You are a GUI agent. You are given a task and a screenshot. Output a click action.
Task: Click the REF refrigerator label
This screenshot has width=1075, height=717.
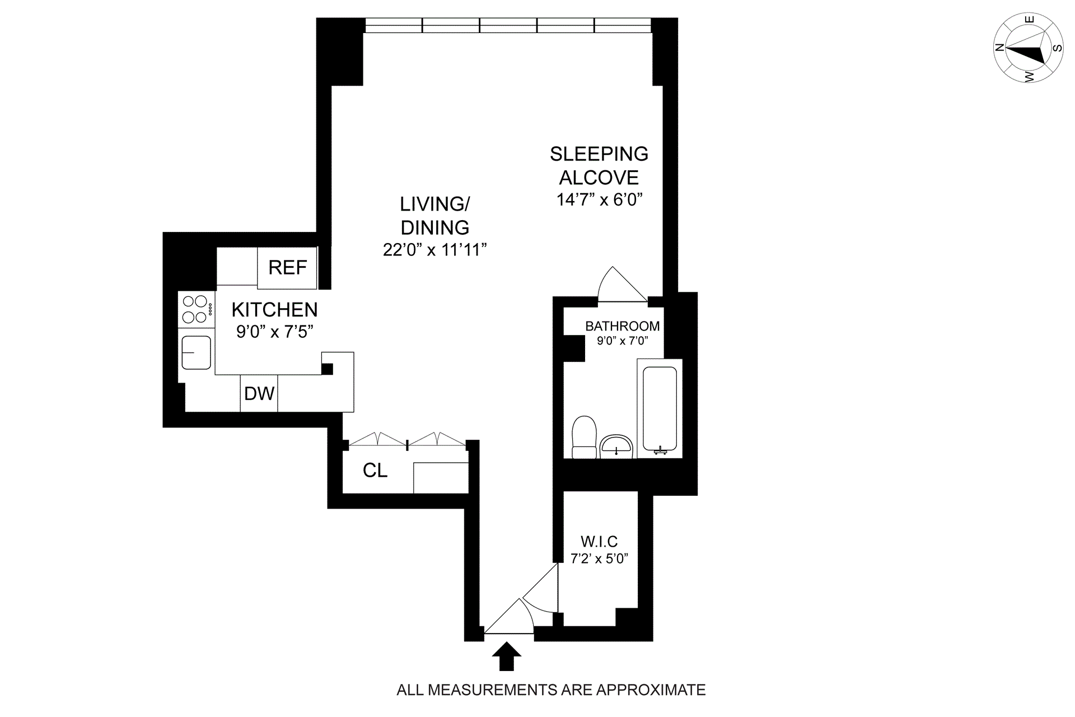[288, 268]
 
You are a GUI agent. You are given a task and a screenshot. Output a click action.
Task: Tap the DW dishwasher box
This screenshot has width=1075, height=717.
[259, 393]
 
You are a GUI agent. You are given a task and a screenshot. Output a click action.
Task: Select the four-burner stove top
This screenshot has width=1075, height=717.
[197, 309]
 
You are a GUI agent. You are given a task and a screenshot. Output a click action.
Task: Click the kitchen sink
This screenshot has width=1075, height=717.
[196, 353]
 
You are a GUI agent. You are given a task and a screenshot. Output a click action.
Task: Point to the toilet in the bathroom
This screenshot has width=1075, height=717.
[584, 437]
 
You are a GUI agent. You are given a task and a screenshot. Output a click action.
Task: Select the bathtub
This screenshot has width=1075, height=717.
[660, 409]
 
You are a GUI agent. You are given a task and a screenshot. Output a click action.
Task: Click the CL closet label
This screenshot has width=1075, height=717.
[375, 471]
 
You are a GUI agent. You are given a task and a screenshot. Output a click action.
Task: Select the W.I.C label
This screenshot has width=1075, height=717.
[599, 542]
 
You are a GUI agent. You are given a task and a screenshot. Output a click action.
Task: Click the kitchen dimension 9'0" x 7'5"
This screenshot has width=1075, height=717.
[274, 332]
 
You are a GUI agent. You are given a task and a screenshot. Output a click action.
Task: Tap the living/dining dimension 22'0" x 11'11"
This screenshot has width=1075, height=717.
[435, 250]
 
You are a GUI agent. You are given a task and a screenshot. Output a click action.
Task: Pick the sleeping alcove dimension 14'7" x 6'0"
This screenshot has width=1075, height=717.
[599, 200]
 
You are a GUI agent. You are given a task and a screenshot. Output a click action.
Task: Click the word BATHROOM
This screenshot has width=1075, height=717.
[623, 326]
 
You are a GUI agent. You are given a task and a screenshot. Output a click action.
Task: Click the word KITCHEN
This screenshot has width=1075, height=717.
[274, 310]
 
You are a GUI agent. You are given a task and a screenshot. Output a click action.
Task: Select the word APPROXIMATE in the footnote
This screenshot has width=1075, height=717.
[651, 690]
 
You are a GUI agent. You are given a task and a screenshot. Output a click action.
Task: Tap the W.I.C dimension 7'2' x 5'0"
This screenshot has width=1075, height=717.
[599, 558]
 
